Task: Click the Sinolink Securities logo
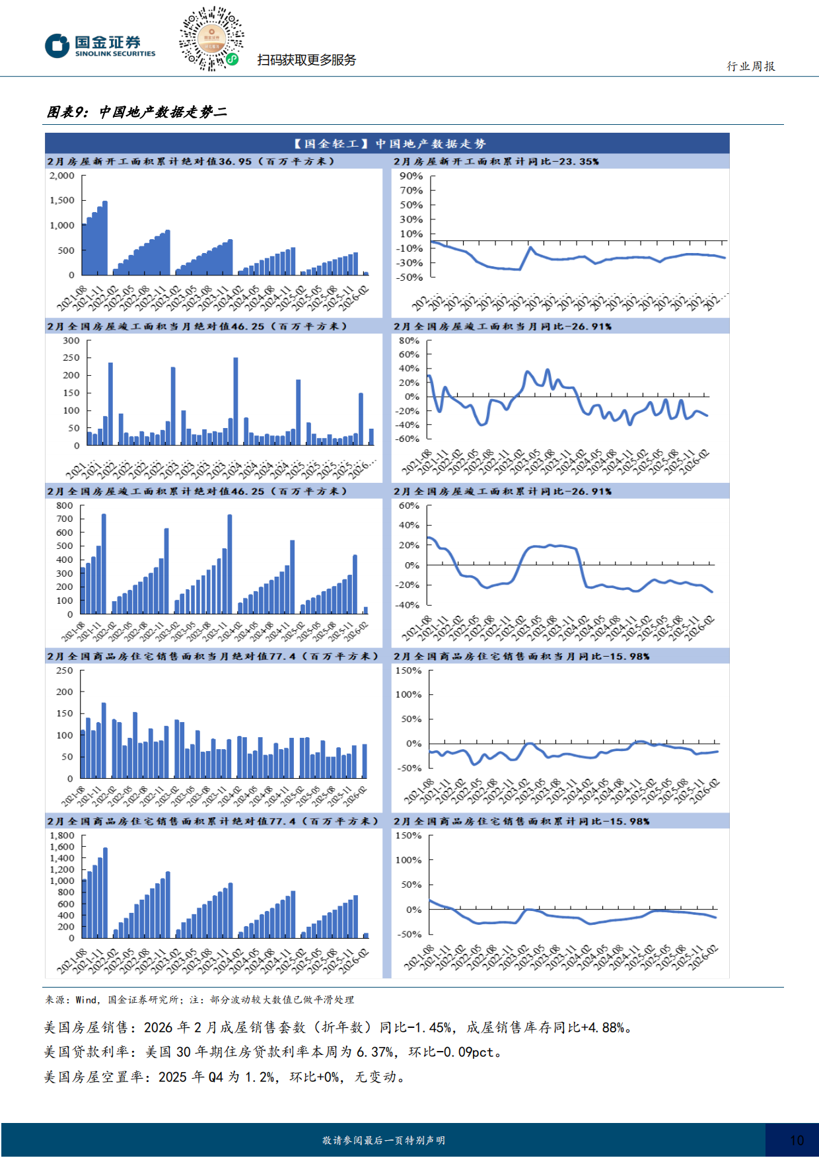coord(100,46)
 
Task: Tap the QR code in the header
coord(211,39)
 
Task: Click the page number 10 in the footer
coord(797,1140)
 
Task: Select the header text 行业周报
coord(751,66)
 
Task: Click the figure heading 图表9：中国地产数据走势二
coord(137,112)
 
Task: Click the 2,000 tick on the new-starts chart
coord(62,176)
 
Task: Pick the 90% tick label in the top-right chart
coord(411,176)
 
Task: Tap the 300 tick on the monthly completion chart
coord(71,341)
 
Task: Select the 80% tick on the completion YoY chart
coord(409,341)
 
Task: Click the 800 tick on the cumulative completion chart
coord(65,505)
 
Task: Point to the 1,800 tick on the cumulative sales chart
coord(62,836)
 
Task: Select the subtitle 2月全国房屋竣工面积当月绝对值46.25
coord(197,326)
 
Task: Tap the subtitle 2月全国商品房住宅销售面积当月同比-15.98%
coord(522,656)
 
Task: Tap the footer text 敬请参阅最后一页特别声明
coord(383,1140)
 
